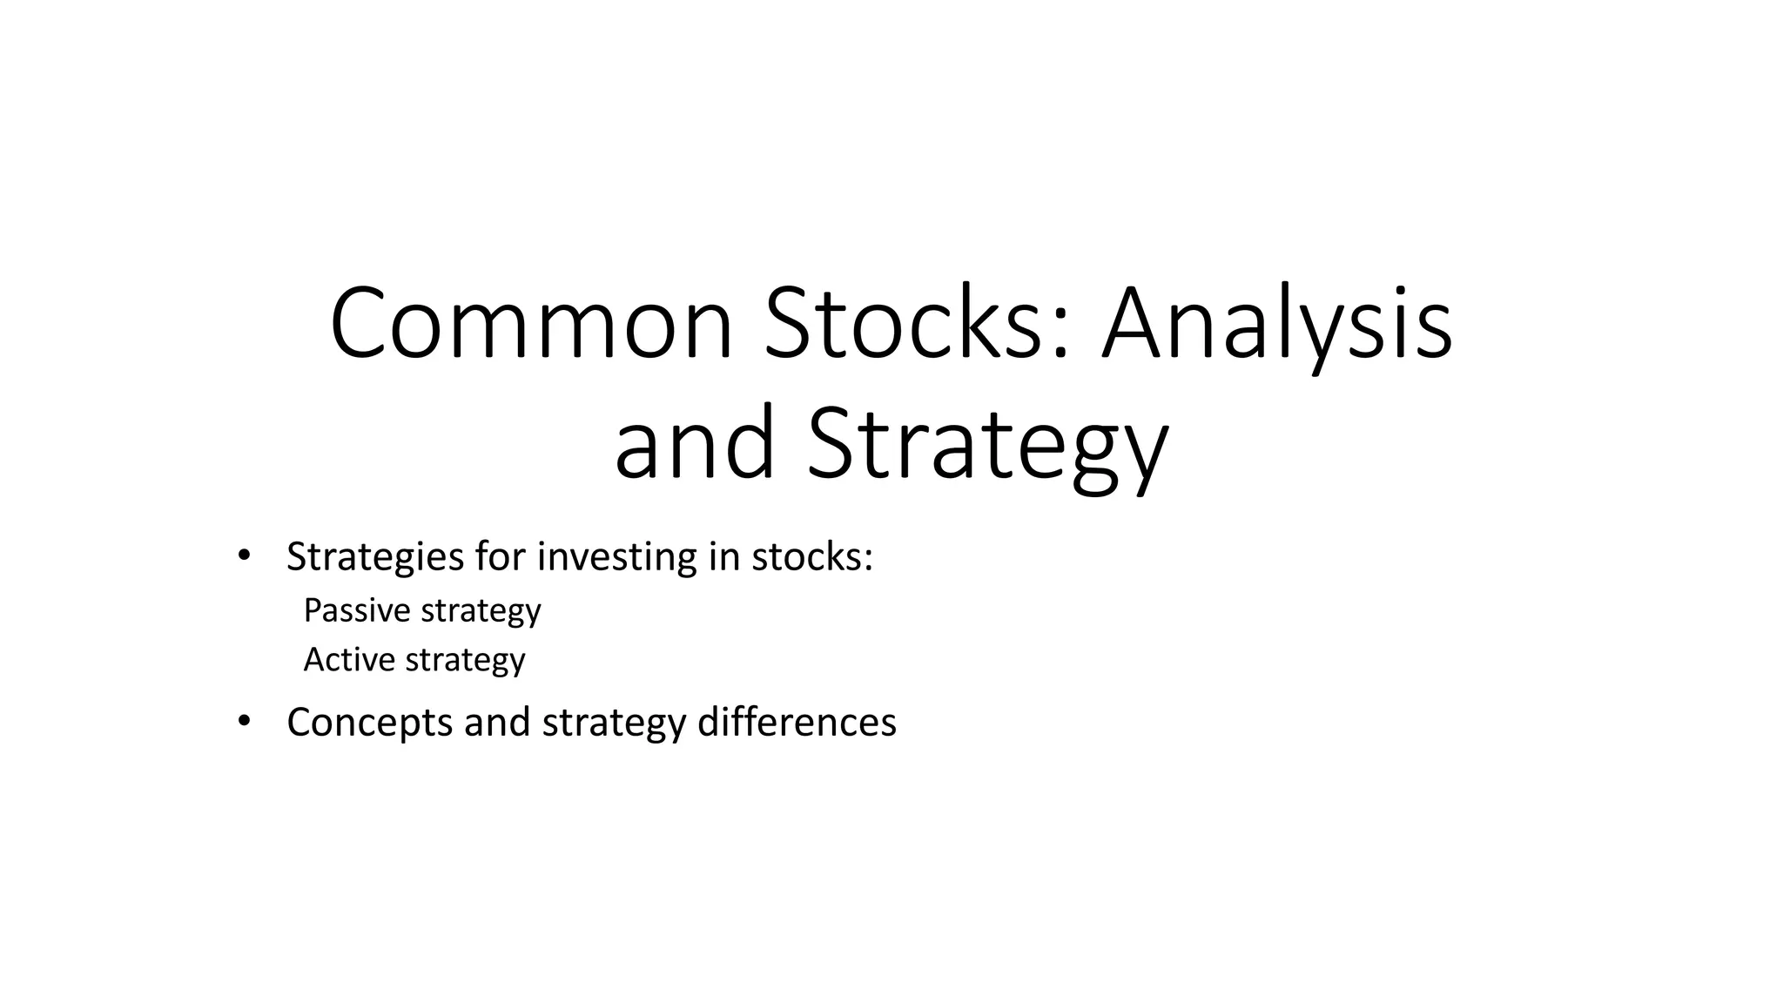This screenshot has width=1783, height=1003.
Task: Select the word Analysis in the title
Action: pyautogui.click(x=1276, y=323)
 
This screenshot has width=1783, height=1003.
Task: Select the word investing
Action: pyautogui.click(x=617, y=557)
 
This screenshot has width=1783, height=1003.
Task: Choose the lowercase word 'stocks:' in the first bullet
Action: pyautogui.click(x=812, y=557)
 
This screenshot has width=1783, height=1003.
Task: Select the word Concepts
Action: pyautogui.click(x=370, y=723)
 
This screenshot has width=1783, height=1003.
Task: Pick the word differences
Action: pyautogui.click(x=797, y=723)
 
